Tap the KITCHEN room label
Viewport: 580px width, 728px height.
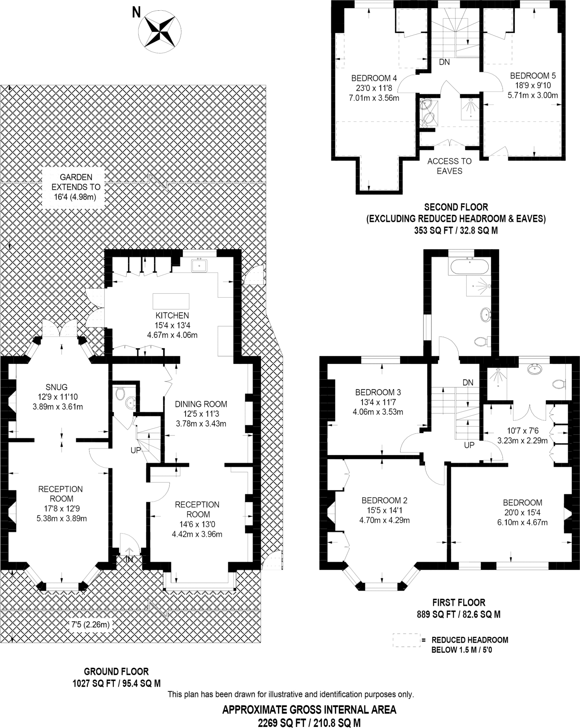[172, 315]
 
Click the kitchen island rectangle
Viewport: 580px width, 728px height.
[171, 301]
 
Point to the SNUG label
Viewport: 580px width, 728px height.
[57, 387]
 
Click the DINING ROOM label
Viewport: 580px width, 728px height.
[201, 404]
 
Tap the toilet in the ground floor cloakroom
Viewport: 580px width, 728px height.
[120, 394]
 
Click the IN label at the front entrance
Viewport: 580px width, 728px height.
[129, 560]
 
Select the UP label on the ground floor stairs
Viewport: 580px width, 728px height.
[136, 450]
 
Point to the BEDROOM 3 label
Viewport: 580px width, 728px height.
[378, 392]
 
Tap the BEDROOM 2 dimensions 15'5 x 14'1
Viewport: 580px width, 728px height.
[384, 510]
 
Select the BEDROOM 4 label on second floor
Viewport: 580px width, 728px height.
[374, 78]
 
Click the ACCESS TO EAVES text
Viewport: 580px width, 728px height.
[449, 166]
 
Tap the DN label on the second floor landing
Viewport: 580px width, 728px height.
[444, 62]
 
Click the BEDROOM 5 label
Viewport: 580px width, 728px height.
[533, 76]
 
